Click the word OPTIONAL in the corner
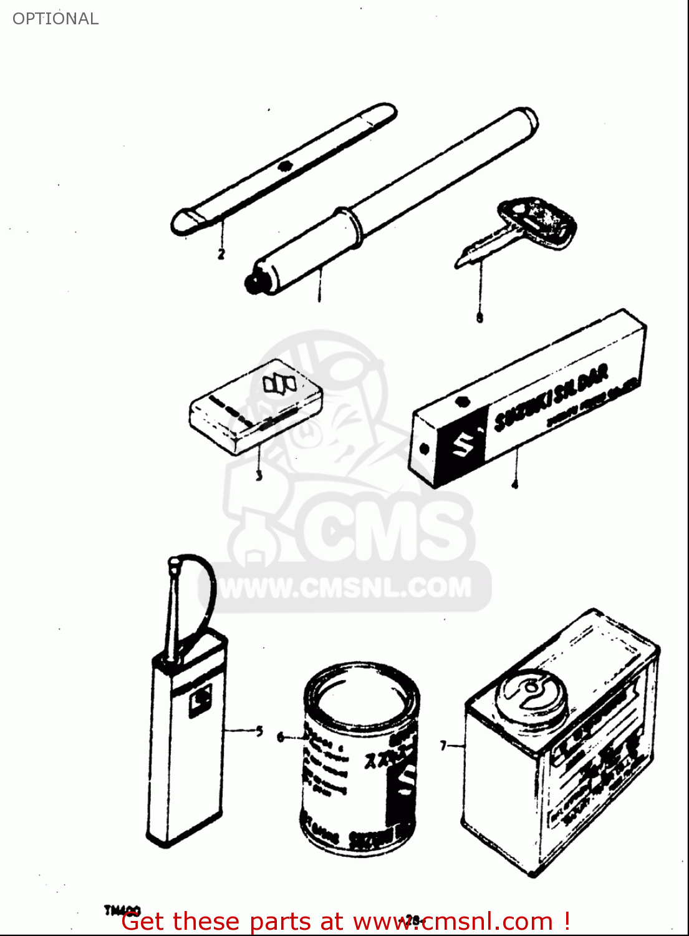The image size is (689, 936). click(x=55, y=19)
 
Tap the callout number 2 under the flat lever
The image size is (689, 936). click(x=221, y=254)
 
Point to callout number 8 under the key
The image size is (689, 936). click(x=479, y=318)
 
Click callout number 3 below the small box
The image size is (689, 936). click(x=259, y=476)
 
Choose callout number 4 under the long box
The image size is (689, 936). click(x=514, y=484)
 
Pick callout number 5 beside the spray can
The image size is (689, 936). click(x=259, y=731)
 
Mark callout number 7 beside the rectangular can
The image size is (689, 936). click(x=444, y=746)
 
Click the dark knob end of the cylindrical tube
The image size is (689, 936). click(x=253, y=284)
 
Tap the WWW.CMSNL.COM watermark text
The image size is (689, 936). click(x=347, y=588)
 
